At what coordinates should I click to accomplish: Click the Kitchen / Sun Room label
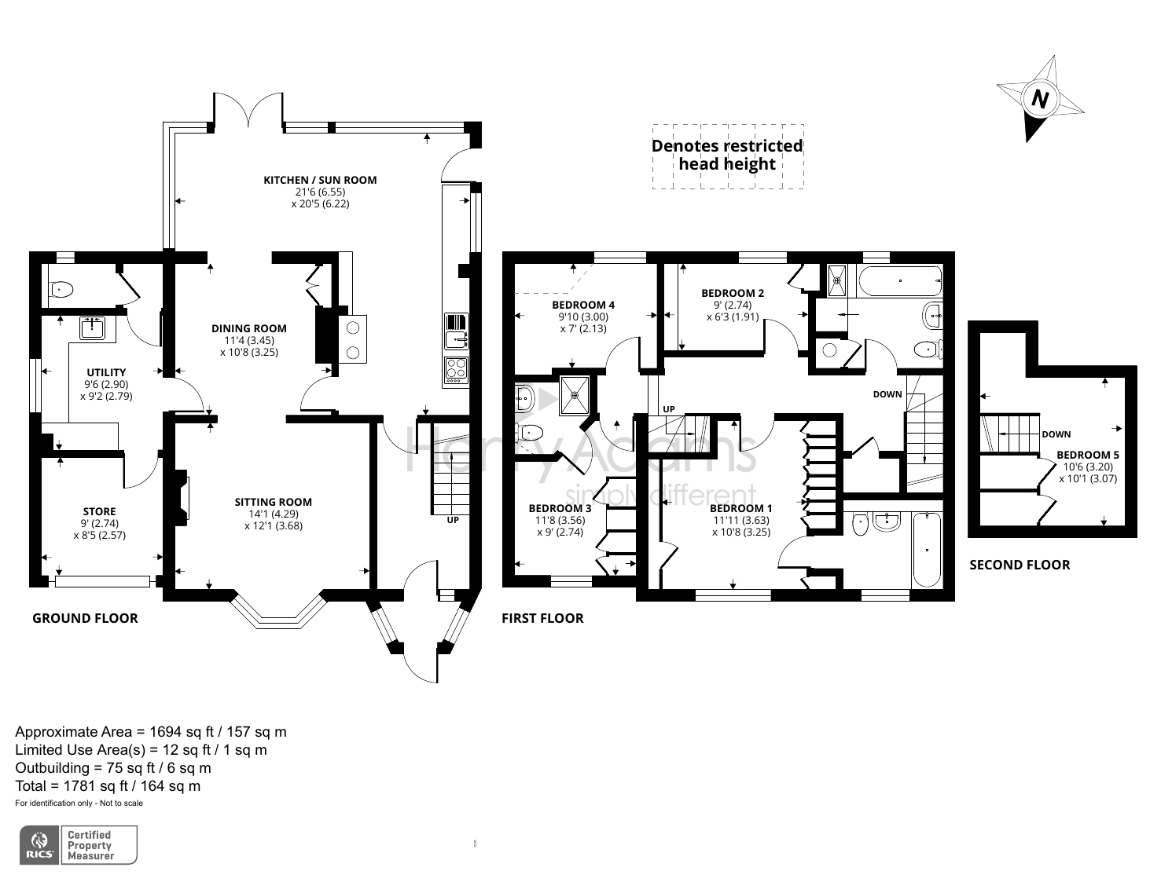click(x=320, y=180)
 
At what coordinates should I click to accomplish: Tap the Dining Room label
click(x=249, y=328)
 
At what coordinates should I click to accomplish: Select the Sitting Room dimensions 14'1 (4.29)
click(x=273, y=514)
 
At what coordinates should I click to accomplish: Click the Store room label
click(x=99, y=511)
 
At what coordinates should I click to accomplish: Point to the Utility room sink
click(x=93, y=328)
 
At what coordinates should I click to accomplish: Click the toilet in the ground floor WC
click(x=61, y=290)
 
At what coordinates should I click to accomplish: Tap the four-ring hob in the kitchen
click(x=456, y=370)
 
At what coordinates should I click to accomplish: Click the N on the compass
click(x=1040, y=99)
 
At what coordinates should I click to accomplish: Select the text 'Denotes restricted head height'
click(x=727, y=156)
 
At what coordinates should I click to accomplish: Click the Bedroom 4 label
click(x=583, y=305)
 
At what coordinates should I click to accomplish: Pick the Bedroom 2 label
click(x=733, y=293)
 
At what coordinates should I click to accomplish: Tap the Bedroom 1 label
click(x=741, y=508)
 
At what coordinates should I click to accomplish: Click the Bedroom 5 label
click(x=1088, y=455)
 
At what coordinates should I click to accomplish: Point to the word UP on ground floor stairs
click(x=453, y=520)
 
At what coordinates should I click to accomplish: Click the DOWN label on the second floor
click(x=1056, y=434)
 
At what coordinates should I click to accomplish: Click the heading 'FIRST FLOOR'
click(x=542, y=618)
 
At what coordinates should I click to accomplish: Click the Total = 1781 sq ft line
click(x=108, y=785)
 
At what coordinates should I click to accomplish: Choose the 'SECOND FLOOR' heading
click(x=1020, y=565)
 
